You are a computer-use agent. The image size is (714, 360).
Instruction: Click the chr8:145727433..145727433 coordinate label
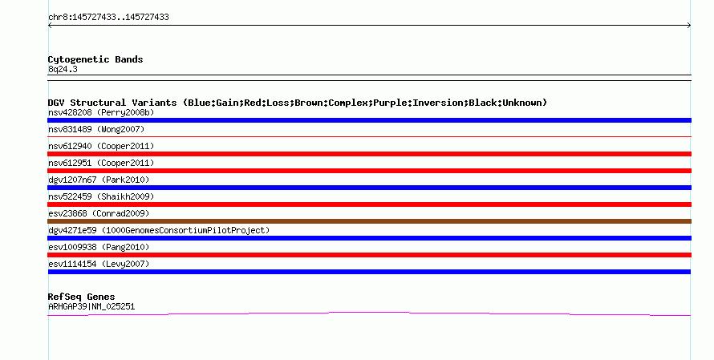(108, 18)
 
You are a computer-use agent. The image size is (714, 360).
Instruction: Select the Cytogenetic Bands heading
(95, 59)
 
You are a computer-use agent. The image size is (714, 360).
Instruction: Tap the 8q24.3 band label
(63, 69)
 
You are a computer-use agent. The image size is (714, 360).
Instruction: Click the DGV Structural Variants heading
(298, 103)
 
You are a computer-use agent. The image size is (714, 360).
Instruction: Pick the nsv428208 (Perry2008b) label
(101, 112)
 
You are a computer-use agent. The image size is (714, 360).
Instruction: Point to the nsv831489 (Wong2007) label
(96, 129)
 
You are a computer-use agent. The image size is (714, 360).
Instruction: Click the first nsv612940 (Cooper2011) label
(101, 146)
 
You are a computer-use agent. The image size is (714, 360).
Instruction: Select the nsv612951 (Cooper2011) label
(101, 163)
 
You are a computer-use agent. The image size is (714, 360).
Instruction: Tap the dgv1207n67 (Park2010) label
(99, 180)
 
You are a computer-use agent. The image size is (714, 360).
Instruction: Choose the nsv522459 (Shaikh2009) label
(101, 196)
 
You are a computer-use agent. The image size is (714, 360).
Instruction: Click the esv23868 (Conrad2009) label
(99, 213)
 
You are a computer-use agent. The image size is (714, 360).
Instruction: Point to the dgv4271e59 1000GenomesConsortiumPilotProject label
(159, 230)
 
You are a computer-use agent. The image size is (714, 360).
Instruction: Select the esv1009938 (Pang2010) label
(99, 247)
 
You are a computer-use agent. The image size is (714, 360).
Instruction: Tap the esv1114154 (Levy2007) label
(99, 264)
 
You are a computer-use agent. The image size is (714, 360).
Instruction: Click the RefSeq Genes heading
(81, 297)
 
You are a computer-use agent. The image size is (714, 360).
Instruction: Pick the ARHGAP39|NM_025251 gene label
(91, 307)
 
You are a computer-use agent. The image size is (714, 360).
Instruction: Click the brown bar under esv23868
(369, 221)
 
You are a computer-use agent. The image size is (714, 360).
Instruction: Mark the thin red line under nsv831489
(369, 136)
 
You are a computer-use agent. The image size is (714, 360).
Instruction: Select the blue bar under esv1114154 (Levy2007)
(369, 272)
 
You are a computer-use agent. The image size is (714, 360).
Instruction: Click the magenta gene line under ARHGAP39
(369, 313)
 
